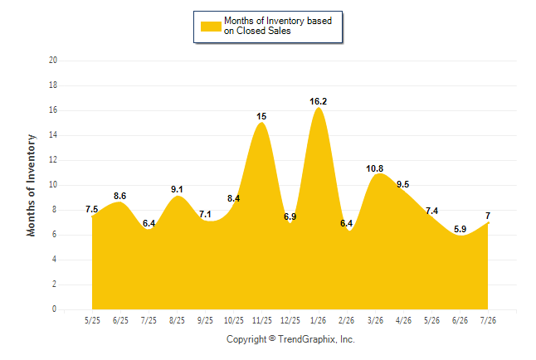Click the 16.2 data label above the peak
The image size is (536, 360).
click(x=318, y=101)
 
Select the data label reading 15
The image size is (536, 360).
click(x=261, y=117)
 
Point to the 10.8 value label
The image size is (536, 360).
click(x=375, y=168)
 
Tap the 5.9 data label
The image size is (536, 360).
click(x=460, y=229)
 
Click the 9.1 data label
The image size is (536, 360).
click(x=177, y=189)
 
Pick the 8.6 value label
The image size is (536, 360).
click(x=120, y=196)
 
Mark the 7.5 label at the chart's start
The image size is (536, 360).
click(x=91, y=209)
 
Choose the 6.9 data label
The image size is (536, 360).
click(x=290, y=216)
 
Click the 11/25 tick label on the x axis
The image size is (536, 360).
click(x=262, y=320)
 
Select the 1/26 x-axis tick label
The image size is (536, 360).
click(x=319, y=320)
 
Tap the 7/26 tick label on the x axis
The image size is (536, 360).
click(x=488, y=320)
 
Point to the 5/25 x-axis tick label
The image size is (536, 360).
click(x=92, y=320)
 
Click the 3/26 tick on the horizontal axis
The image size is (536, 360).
click(x=375, y=320)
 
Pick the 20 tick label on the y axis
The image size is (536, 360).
click(x=53, y=61)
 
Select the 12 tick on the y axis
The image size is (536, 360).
click(x=53, y=160)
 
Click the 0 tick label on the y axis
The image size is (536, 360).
click(x=54, y=309)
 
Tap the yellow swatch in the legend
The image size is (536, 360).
click(x=211, y=27)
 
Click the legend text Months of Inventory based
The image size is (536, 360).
click(x=278, y=21)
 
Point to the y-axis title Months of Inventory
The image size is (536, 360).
click(x=31, y=185)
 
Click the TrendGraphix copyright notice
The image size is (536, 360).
click(x=290, y=339)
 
